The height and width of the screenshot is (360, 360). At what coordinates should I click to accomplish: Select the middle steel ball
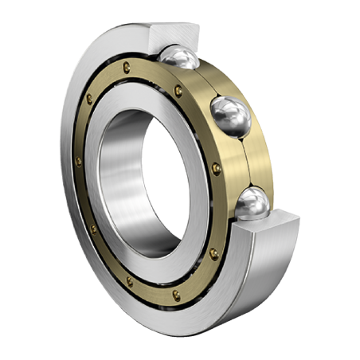[x=230, y=115]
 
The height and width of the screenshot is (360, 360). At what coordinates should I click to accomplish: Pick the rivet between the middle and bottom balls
[x=217, y=168]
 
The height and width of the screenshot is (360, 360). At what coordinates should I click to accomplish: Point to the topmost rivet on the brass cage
[x=125, y=66]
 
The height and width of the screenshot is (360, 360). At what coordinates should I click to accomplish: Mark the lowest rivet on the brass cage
[x=176, y=295]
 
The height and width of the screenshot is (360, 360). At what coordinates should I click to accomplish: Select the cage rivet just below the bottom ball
[x=213, y=253]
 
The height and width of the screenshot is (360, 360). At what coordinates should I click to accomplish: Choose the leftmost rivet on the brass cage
[x=78, y=162]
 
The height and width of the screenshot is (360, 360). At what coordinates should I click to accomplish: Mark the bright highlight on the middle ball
[x=225, y=108]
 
